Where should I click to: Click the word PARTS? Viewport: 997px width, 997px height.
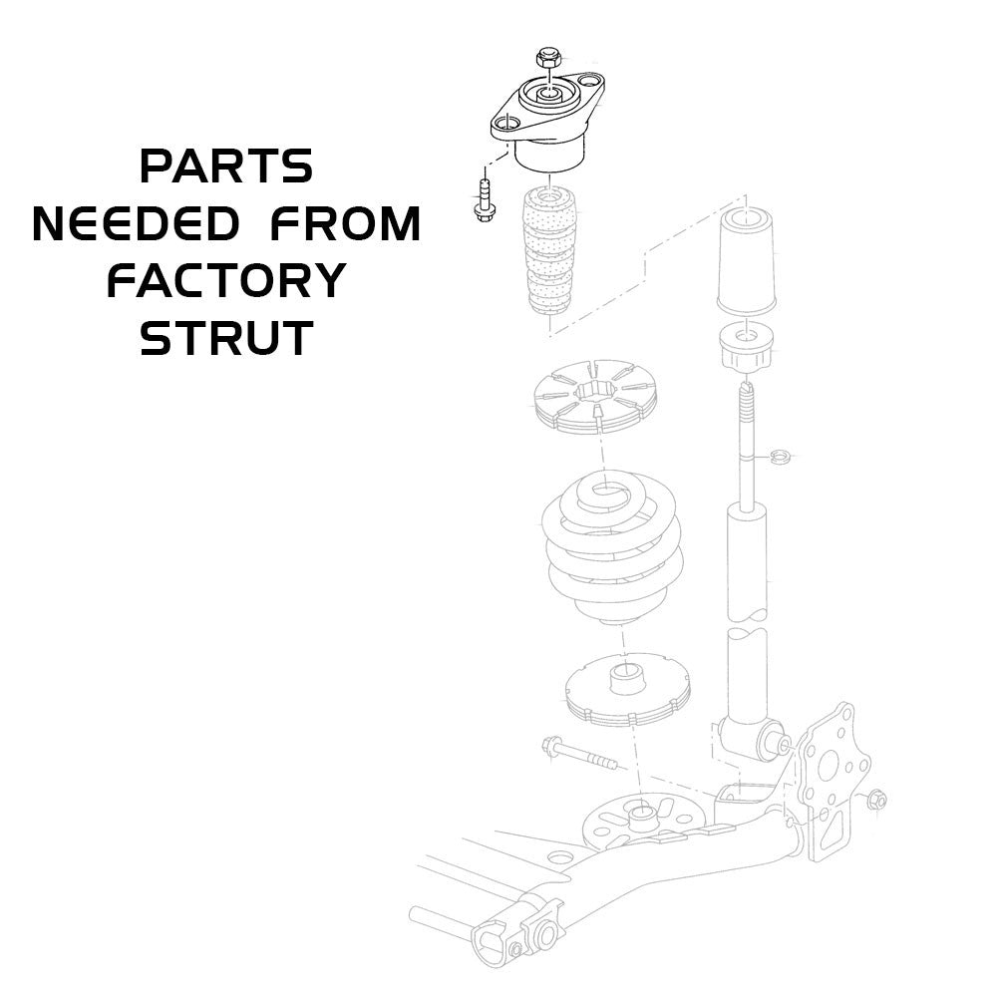tap(226, 166)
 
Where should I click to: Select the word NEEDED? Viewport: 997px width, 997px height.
tap(136, 224)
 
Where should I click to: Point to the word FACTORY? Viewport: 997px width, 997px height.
tap(226, 282)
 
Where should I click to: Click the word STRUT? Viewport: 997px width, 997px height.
tap(226, 340)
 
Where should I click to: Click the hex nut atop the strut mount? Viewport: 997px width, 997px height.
tap(545, 58)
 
